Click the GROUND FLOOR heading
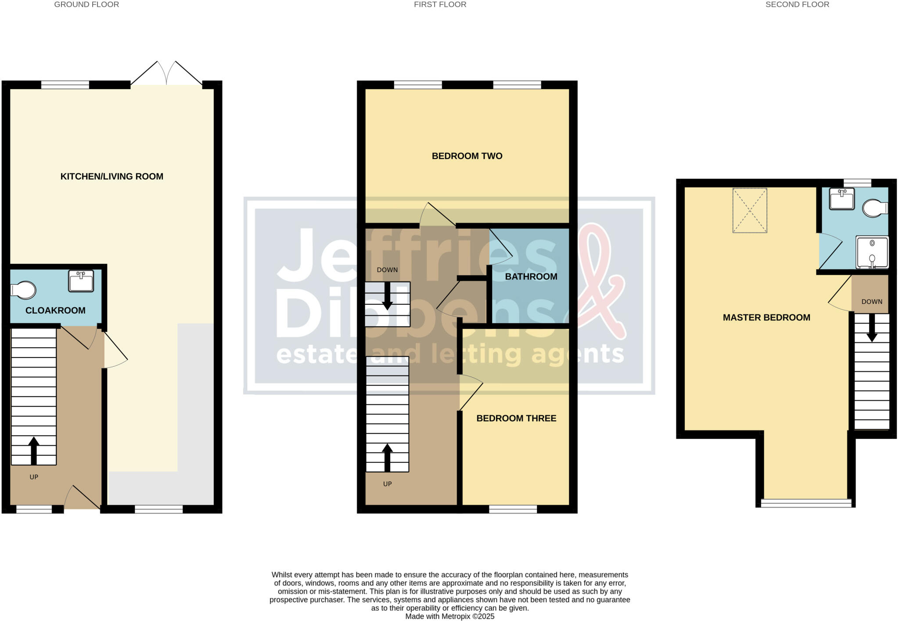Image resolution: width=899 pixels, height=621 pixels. [86, 5]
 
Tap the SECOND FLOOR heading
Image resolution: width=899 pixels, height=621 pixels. [797, 5]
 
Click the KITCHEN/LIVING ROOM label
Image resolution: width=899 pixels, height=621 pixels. [111, 177]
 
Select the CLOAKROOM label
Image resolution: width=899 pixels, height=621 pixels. [55, 310]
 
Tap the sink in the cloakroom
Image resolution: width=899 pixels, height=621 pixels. [81, 281]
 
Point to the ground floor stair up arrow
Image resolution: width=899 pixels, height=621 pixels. [34, 450]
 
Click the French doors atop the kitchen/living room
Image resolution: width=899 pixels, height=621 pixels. [166, 75]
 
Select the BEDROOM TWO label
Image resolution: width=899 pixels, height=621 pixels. [467, 156]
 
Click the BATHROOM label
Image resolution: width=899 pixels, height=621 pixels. [531, 277]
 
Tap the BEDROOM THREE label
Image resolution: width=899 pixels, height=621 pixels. [516, 419]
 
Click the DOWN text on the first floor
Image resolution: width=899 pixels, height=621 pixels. [387, 270]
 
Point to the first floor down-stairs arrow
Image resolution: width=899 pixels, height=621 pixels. [387, 296]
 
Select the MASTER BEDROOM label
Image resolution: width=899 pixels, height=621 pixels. [766, 318]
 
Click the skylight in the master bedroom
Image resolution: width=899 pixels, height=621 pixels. [749, 210]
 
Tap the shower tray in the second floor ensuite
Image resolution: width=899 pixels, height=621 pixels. [872, 252]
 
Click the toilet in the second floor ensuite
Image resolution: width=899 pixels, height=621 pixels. [874, 209]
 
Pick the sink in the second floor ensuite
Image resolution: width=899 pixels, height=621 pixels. [841, 199]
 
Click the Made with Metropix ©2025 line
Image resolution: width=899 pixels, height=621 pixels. [449, 616]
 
